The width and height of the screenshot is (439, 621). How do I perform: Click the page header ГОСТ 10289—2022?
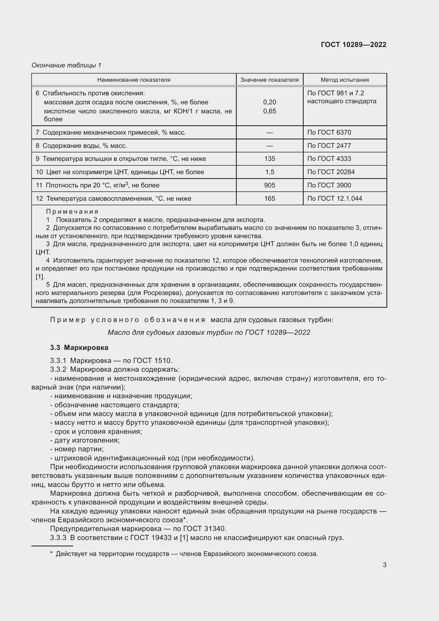pos(353,45)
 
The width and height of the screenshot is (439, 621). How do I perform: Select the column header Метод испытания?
pos(345,80)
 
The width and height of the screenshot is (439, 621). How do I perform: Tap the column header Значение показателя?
pos(269,80)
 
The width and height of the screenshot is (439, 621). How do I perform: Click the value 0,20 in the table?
pos(269,102)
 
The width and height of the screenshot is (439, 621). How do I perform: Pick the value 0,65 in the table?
pos(269,111)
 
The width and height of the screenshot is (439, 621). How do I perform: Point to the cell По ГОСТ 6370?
pos(329,132)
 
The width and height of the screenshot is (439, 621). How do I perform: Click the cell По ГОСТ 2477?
pos(329,146)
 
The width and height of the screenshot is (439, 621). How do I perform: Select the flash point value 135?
pos(269,159)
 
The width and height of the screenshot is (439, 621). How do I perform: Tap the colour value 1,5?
pos(269,172)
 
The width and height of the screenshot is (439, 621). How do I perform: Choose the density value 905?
pos(269,185)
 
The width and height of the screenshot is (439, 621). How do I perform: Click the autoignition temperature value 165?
pos(269,199)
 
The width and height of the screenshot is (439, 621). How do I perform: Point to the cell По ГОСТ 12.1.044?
pos(335,199)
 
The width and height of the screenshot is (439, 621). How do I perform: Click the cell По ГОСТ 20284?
pos(331,172)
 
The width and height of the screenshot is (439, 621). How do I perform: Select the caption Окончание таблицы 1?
pos(66,65)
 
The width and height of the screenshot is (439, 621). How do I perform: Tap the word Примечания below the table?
pos(72,212)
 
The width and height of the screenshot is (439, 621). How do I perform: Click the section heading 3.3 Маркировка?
pos(79,348)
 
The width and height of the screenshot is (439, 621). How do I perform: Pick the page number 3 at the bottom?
pos(384,565)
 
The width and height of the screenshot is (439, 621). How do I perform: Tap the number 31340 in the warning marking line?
pos(216,529)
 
